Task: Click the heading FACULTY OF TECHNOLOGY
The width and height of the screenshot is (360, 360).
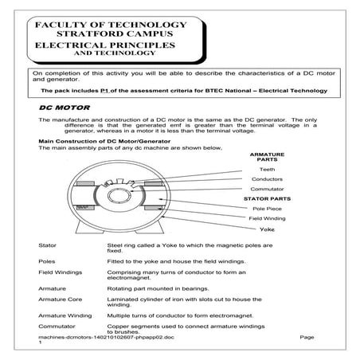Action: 112,25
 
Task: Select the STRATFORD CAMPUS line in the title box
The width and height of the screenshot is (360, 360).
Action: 112,36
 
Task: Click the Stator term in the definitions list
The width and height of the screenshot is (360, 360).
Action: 48,247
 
